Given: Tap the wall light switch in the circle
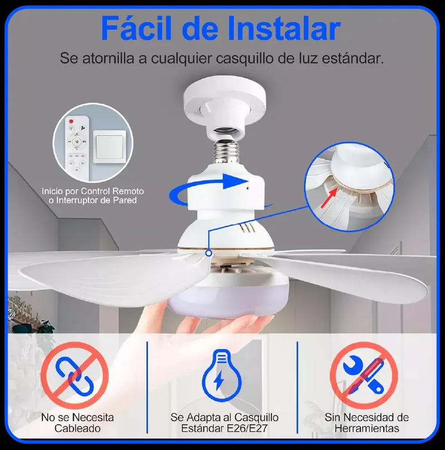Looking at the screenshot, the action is click(x=110, y=147).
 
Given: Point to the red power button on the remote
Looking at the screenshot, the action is click(x=71, y=121).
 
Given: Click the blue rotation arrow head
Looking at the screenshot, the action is click(x=235, y=181).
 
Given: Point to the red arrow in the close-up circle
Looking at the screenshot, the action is click(x=329, y=197).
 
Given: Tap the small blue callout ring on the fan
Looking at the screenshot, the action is click(x=209, y=253).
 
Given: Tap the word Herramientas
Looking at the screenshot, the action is click(x=367, y=428).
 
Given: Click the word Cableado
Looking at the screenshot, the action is click(x=77, y=428).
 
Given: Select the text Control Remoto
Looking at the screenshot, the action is click(x=112, y=191).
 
